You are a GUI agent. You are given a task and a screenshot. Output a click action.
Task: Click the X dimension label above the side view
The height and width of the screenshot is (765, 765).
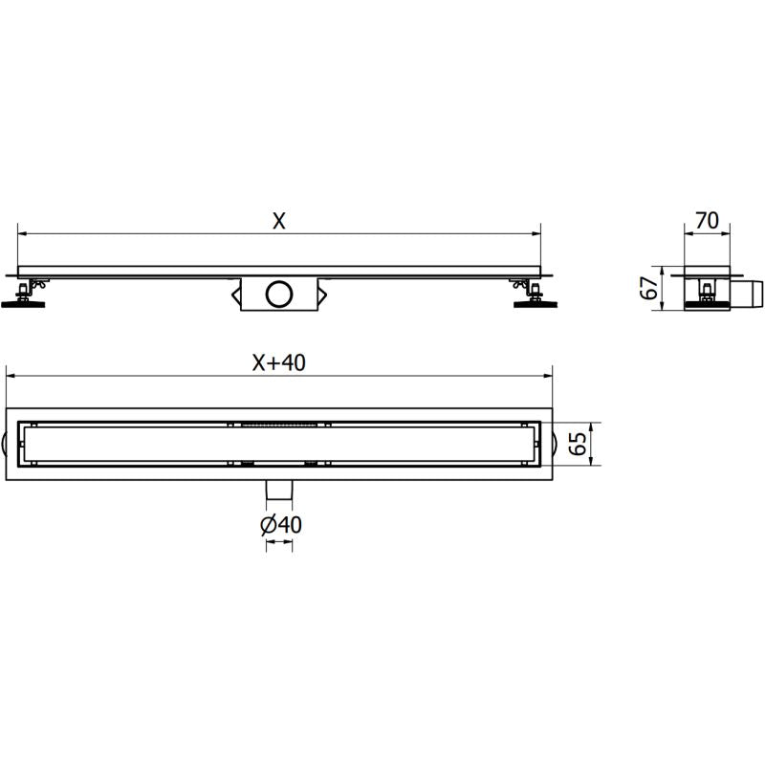(x=278, y=221)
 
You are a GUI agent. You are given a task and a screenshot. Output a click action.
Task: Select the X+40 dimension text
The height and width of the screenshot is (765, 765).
(x=278, y=362)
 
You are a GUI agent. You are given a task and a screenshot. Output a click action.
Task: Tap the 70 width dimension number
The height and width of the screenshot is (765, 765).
(x=708, y=221)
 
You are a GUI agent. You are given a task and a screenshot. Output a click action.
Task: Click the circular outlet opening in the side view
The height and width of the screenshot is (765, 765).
(x=279, y=293)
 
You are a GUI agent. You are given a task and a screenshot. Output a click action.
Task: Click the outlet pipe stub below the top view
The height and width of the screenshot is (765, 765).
(x=279, y=491)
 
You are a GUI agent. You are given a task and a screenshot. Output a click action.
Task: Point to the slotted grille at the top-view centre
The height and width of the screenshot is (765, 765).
(x=279, y=423)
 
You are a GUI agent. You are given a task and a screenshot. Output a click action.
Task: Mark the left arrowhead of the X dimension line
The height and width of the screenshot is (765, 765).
(x=22, y=233)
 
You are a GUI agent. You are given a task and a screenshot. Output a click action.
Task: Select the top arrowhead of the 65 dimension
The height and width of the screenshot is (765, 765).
(x=593, y=426)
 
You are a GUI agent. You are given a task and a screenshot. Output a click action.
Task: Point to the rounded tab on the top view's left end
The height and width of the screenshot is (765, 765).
(x=9, y=444)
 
